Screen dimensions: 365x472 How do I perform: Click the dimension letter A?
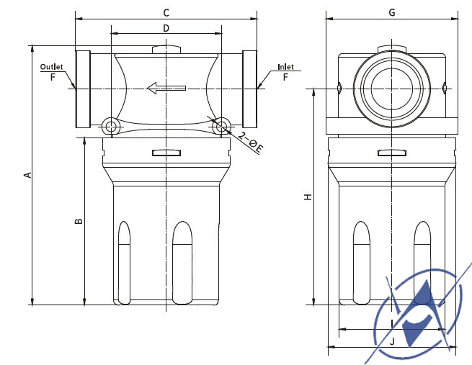coord(27,175)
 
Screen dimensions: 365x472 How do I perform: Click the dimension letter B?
coord(79,221)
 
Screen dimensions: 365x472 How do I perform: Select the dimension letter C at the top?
coord(166,12)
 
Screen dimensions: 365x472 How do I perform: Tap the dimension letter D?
coord(166,28)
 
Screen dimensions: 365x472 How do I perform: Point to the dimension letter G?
coord(392,12)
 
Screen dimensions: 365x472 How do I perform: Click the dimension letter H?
coord(308,197)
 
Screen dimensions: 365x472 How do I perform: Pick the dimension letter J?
coord(392,342)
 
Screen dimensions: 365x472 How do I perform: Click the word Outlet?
coord(52,67)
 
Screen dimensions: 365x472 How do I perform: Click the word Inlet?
coord(285,67)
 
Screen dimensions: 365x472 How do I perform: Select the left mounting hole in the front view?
coord(110,127)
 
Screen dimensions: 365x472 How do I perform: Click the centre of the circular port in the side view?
coord(391,89)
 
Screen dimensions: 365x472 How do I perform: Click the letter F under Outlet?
coord(53,76)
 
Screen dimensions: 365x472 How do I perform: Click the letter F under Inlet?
coord(285,76)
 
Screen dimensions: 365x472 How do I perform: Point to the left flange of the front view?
coord(82,89)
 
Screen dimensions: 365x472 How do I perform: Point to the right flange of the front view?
coord(250,89)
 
